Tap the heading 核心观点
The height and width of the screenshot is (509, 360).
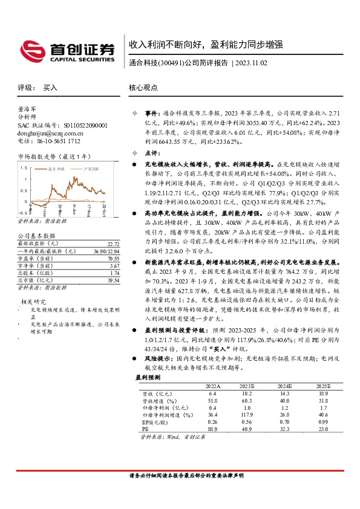(x=143, y=88)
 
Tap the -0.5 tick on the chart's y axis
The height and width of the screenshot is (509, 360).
(x=22, y=213)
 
